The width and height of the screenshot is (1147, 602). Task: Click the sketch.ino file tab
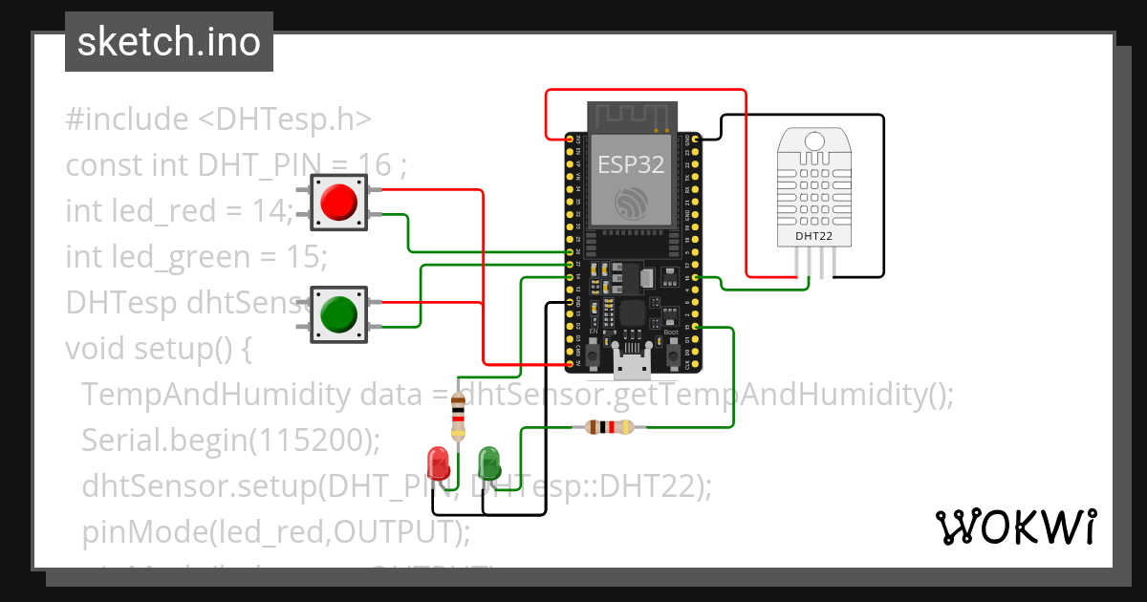(x=168, y=42)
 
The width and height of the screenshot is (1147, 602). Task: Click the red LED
(x=439, y=462)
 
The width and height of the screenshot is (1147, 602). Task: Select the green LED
(x=488, y=462)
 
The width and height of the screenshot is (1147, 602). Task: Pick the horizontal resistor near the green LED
(x=603, y=427)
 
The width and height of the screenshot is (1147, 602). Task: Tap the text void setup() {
(x=158, y=349)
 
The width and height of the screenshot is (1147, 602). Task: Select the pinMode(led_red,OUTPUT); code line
(x=276, y=531)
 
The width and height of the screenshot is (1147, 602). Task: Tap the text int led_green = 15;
(x=196, y=257)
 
